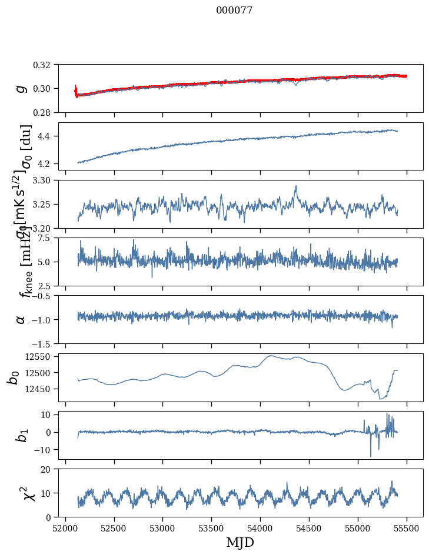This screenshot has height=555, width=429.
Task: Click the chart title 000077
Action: coord(234,10)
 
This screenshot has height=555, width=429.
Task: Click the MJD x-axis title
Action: coord(240,542)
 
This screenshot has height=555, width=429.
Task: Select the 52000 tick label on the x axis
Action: coord(65,527)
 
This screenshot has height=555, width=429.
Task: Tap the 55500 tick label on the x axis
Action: coord(407,527)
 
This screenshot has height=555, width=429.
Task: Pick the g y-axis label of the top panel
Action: coord(21,88)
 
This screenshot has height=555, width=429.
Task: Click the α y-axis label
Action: coord(21,319)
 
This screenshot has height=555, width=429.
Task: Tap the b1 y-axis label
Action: coord(21,435)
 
